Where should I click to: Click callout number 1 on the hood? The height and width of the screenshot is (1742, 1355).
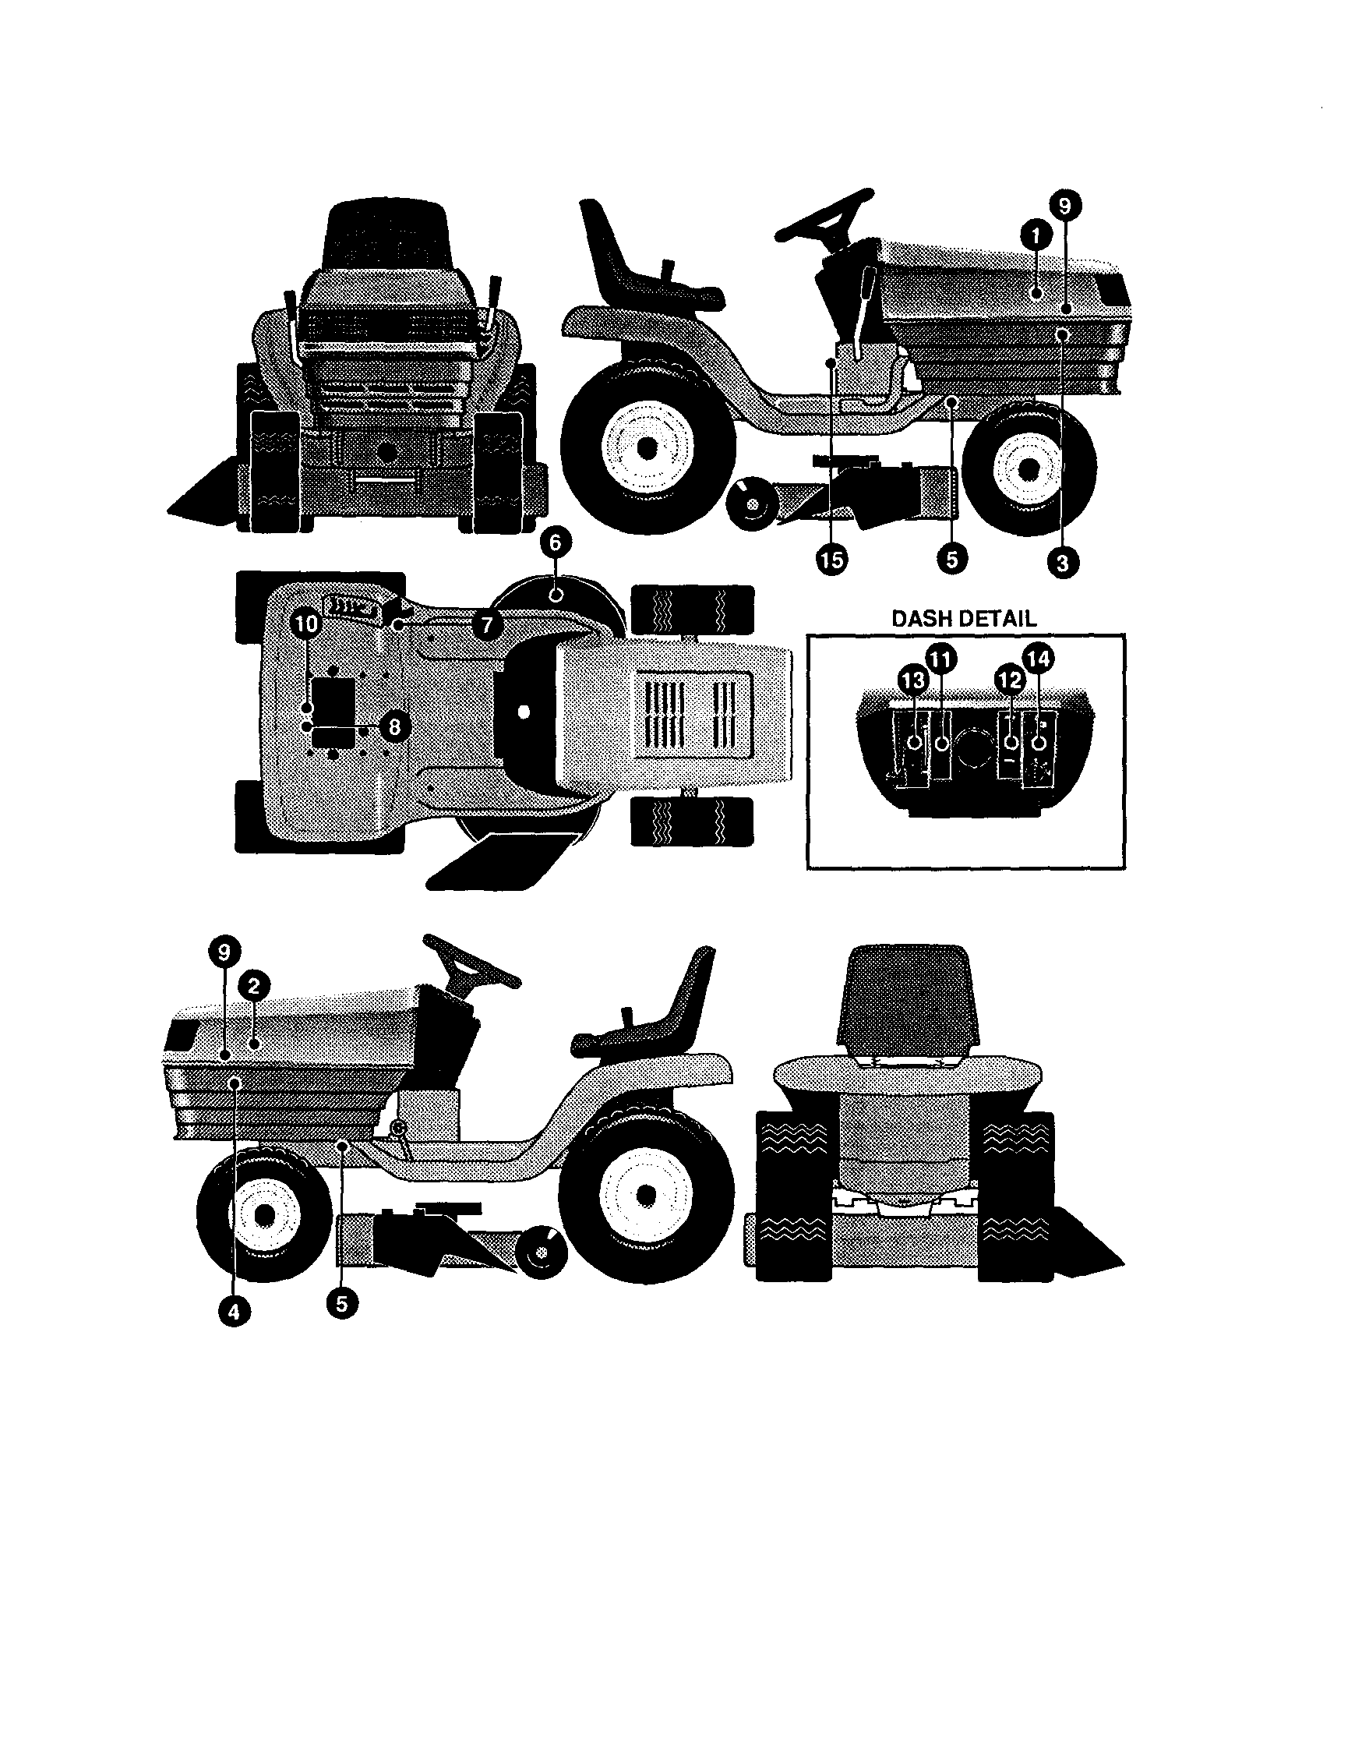click(x=1035, y=235)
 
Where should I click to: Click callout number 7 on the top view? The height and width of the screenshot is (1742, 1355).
click(x=486, y=624)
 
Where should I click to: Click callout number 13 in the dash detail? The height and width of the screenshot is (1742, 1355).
click(x=912, y=680)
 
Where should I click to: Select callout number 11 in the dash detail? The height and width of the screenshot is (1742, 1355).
click(x=941, y=659)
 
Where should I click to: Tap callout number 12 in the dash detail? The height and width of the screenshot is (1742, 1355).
click(x=1010, y=680)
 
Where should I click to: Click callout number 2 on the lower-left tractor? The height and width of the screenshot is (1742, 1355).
click(x=253, y=986)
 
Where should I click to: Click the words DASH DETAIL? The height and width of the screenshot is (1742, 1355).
click(x=963, y=618)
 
